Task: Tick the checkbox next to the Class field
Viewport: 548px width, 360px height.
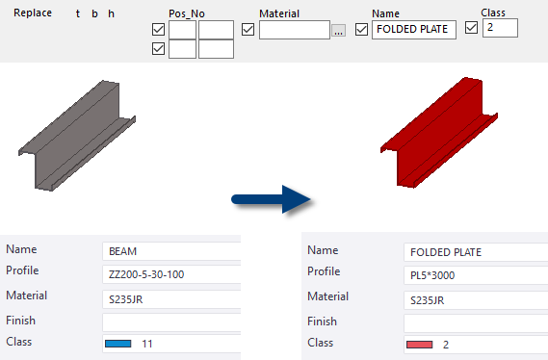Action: click(x=471, y=27)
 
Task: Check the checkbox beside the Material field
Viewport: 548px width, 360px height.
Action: click(x=248, y=29)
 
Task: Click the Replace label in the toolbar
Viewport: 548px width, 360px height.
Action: click(x=33, y=13)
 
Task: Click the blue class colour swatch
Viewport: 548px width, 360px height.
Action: click(x=117, y=343)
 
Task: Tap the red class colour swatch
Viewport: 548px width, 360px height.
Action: click(x=420, y=344)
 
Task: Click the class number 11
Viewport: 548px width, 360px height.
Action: click(x=147, y=343)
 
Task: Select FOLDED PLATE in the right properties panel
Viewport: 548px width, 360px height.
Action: click(x=446, y=253)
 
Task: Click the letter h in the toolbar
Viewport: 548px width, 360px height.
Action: click(x=111, y=13)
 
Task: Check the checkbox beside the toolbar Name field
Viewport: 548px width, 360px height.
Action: click(x=362, y=29)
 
